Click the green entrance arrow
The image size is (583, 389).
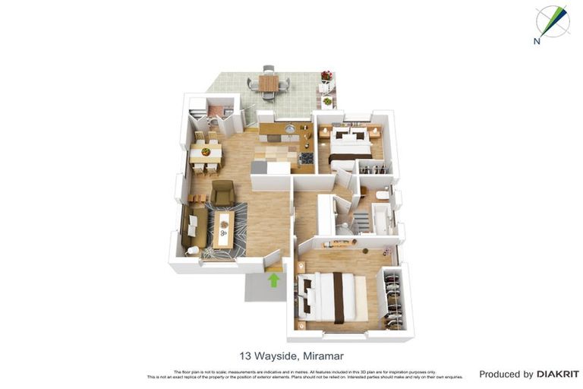(273, 280)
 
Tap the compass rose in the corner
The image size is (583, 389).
(553, 21)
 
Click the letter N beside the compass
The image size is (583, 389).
(537, 41)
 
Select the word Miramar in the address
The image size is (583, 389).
(323, 356)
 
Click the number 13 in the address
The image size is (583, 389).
(245, 356)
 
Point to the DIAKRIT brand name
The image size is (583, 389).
(557, 374)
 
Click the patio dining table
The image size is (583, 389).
(268, 82)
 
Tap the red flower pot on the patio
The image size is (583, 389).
(326, 76)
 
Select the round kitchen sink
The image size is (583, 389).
(288, 129)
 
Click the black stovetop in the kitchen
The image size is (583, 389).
(306, 158)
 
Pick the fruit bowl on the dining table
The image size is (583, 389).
(205, 152)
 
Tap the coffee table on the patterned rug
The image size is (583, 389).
(223, 228)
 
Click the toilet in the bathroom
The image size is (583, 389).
(381, 196)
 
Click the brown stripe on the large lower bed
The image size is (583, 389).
(339, 298)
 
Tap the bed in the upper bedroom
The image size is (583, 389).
(349, 145)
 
